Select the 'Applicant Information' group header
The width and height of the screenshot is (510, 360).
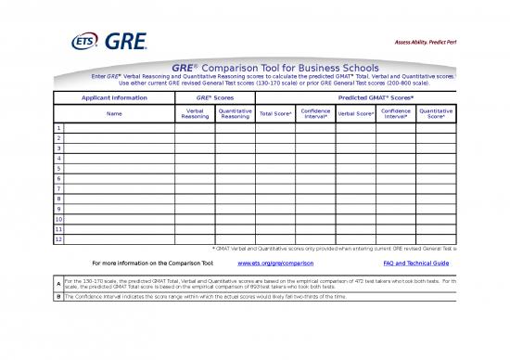point(114,96)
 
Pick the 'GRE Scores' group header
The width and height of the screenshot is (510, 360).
point(215,96)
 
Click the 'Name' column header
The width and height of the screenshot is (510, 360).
point(114,113)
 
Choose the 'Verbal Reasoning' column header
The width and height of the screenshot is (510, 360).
point(195,113)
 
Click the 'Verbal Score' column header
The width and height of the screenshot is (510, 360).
point(355,113)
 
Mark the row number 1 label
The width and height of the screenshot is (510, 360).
point(59,128)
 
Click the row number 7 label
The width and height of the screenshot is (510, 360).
point(59,188)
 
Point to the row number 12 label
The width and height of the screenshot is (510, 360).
point(59,238)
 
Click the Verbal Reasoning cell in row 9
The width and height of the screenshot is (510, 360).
point(195,208)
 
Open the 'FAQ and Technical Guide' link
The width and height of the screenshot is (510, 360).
point(416,264)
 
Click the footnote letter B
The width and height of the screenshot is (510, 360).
point(59,297)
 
